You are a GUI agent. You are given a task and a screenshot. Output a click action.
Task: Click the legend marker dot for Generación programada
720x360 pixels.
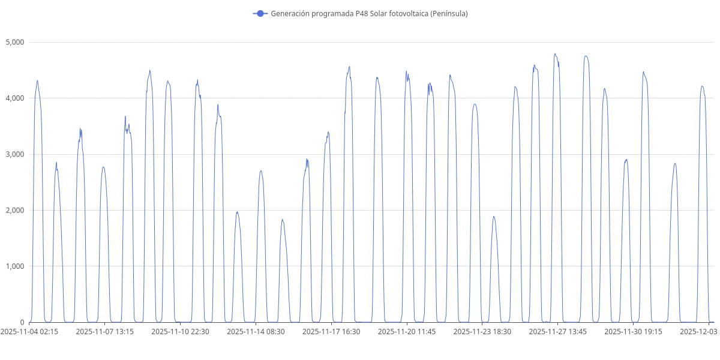(x=260, y=13)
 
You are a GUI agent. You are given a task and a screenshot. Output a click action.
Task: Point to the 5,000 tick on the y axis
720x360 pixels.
(x=14, y=42)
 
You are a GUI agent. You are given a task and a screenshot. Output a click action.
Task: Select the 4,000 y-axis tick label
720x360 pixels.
(x=14, y=98)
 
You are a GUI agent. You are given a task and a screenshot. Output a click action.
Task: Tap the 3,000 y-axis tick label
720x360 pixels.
(x=14, y=154)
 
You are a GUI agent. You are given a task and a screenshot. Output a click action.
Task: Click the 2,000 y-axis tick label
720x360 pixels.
(x=14, y=210)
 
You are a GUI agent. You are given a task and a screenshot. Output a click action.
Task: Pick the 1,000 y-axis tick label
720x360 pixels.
(x=14, y=266)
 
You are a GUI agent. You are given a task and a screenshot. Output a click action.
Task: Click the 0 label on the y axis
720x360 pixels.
(x=22, y=322)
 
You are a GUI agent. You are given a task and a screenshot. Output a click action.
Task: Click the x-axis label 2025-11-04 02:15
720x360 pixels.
(x=29, y=331)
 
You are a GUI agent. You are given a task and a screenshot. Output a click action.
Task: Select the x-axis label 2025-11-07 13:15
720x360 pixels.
(x=104, y=331)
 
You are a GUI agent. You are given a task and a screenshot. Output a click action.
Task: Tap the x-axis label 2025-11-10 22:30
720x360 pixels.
(x=180, y=331)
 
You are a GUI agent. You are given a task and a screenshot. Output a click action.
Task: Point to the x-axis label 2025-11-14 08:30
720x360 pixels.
(x=256, y=331)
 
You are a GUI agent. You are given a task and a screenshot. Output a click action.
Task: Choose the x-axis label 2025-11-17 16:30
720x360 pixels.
(x=331, y=331)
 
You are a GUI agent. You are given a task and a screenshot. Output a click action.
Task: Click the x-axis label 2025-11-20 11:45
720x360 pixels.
(x=407, y=331)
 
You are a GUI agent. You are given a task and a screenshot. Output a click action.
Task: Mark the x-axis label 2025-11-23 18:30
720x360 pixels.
(x=482, y=331)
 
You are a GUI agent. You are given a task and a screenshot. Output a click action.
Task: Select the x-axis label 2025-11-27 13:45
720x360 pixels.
(x=558, y=331)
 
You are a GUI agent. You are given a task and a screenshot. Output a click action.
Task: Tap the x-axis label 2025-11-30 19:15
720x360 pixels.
(x=634, y=331)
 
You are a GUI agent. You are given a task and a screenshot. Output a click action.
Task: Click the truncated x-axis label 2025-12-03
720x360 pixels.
(x=698, y=331)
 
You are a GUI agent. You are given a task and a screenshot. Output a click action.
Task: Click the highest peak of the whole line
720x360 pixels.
(x=555, y=53)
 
